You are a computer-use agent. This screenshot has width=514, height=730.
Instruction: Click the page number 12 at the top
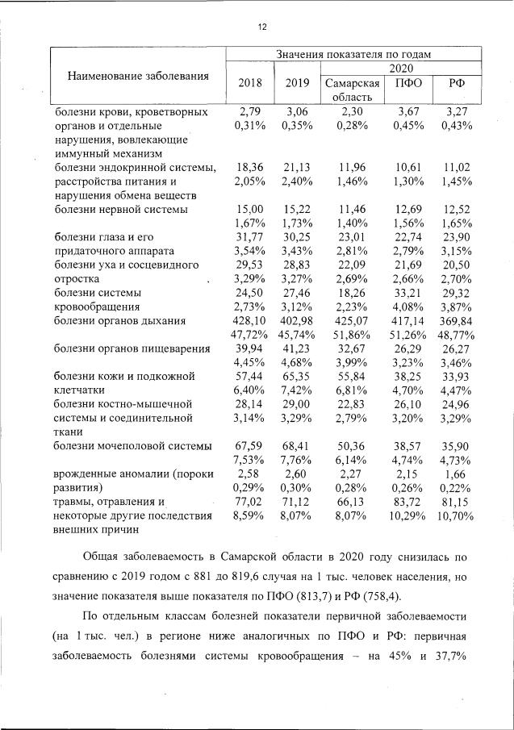pos(261,27)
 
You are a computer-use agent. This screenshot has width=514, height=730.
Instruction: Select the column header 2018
pos(249,84)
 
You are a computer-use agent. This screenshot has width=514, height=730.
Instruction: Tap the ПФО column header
pos(407,84)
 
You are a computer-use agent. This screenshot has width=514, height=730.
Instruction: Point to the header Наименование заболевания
pos(138,77)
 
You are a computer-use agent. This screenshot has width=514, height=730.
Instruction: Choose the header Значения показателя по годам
pos(353,54)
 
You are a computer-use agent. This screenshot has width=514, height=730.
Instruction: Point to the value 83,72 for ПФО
pos(407,501)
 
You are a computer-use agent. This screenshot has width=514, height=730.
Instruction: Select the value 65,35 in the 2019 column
pos(296,376)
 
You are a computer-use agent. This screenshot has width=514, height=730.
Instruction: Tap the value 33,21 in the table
pos(407,293)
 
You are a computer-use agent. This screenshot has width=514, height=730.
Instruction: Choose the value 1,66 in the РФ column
pos(456,473)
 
